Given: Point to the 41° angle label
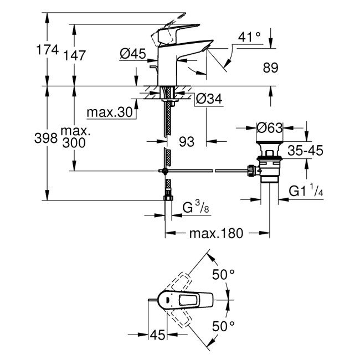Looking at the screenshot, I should coord(249,37).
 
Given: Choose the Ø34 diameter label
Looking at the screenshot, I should coord(209,100).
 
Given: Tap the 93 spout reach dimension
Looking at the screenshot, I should coord(187,142).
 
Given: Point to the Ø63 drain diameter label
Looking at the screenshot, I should coord(270,128).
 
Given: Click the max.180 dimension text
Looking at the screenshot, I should coord(216,233).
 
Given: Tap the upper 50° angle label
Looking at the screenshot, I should coord(224,274).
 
